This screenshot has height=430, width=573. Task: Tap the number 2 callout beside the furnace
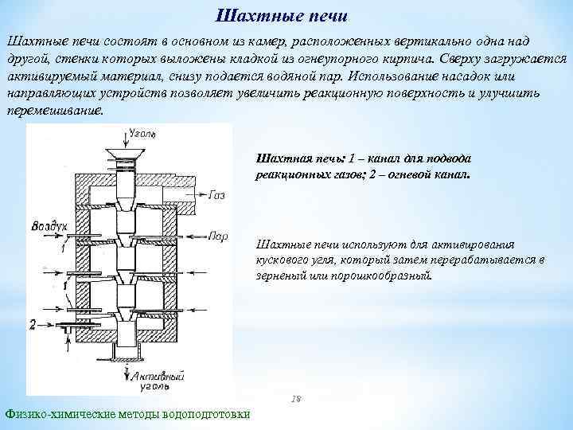tap(33, 324)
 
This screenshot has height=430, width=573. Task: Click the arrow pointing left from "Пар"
tap(197, 236)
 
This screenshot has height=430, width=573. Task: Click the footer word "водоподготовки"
tap(205, 414)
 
